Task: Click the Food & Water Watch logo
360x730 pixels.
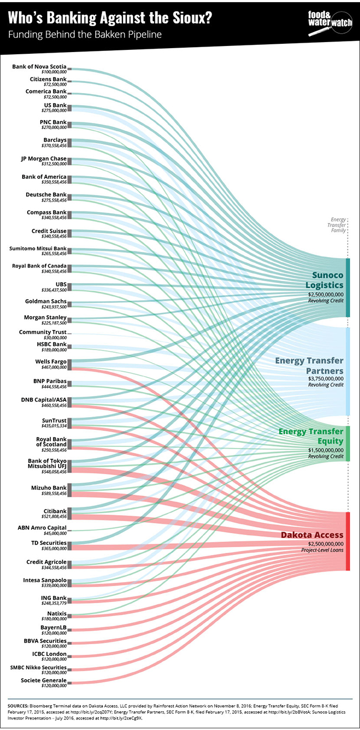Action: point(330,23)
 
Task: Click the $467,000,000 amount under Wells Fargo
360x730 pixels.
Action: point(54,367)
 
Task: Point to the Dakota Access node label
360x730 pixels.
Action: point(312,535)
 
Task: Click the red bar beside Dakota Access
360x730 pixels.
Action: point(348,541)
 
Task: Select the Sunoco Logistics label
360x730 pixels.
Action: point(325,280)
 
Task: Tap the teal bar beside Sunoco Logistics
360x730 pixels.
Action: point(348,287)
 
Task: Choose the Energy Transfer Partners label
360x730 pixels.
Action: point(310,366)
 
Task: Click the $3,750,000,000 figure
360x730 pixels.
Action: point(326,379)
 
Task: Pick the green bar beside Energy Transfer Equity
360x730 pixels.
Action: point(348,444)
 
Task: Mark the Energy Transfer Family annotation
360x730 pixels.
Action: point(338,225)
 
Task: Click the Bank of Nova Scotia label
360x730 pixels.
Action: point(39,66)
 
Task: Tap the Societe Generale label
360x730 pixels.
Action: point(44,681)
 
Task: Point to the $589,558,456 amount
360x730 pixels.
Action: point(54,493)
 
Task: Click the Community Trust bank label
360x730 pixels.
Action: point(43,332)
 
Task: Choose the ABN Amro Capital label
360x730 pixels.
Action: point(42,528)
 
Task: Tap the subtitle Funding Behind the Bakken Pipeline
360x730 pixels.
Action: point(85,34)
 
